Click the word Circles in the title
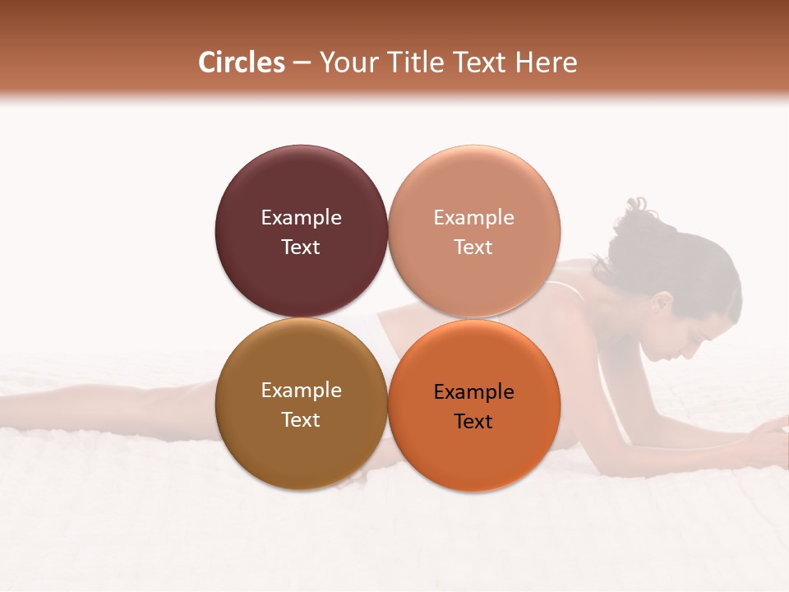click(242, 62)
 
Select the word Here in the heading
click(545, 62)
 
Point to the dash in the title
click(302, 63)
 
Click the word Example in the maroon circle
click(301, 217)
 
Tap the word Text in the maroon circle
click(301, 247)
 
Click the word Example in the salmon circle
click(473, 217)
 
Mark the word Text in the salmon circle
click(473, 247)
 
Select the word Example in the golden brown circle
click(301, 390)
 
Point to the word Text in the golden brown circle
click(301, 419)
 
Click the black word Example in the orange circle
click(473, 391)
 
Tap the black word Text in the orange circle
click(473, 421)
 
